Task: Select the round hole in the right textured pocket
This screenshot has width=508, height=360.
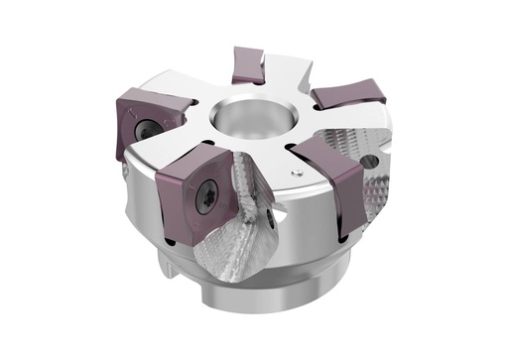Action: coord(370,159)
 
